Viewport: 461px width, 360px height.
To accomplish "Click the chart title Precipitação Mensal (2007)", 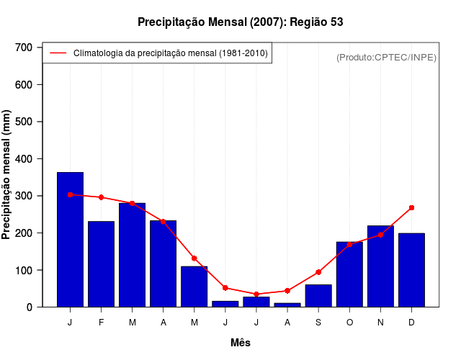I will click(240, 22).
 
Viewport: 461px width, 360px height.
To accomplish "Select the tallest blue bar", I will click(70, 240).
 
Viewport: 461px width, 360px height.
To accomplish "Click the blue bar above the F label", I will click(101, 264).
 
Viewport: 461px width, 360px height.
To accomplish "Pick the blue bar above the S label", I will click(318, 296).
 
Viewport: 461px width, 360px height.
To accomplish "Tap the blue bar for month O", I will click(349, 274).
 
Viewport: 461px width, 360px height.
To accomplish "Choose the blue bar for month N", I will click(380, 266).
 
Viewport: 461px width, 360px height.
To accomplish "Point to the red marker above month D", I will click(411, 207).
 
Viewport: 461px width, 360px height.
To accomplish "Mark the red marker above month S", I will click(318, 272).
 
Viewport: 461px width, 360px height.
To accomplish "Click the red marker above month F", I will click(101, 197).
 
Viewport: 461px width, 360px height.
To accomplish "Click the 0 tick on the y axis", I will click(30, 307).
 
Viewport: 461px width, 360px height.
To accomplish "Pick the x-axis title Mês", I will click(241, 343).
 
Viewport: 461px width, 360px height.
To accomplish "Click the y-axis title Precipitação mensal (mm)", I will click(6, 175).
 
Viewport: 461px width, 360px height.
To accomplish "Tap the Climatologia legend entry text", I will click(171, 53).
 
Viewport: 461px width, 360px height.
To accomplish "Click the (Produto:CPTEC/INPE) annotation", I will click(387, 57).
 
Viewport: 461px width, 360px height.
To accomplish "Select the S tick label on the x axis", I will click(318, 323).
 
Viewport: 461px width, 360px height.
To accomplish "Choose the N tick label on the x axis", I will click(380, 323).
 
